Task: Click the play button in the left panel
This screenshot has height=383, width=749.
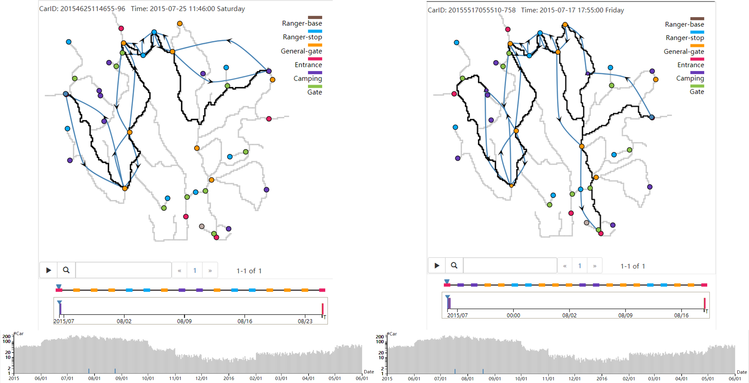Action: [49, 271]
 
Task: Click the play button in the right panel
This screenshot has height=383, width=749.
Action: [437, 265]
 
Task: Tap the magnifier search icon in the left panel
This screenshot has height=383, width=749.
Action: [66, 271]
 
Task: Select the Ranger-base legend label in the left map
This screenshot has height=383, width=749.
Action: [302, 23]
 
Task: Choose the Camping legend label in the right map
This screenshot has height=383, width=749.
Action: [690, 78]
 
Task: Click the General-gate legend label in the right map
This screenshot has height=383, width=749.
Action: [684, 52]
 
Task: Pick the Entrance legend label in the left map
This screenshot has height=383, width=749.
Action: [308, 65]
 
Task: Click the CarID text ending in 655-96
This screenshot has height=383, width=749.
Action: [82, 9]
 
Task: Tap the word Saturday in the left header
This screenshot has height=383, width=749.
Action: [231, 9]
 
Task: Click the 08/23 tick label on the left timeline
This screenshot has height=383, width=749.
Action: [305, 321]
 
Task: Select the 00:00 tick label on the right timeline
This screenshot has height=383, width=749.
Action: [513, 315]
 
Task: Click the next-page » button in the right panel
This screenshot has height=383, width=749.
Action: [595, 266]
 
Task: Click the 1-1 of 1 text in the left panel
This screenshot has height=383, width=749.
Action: [249, 271]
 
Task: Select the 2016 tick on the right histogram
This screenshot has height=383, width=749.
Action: [602, 379]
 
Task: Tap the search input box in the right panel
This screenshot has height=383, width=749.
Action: [510, 265]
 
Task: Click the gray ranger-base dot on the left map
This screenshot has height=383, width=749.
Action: [202, 226]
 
